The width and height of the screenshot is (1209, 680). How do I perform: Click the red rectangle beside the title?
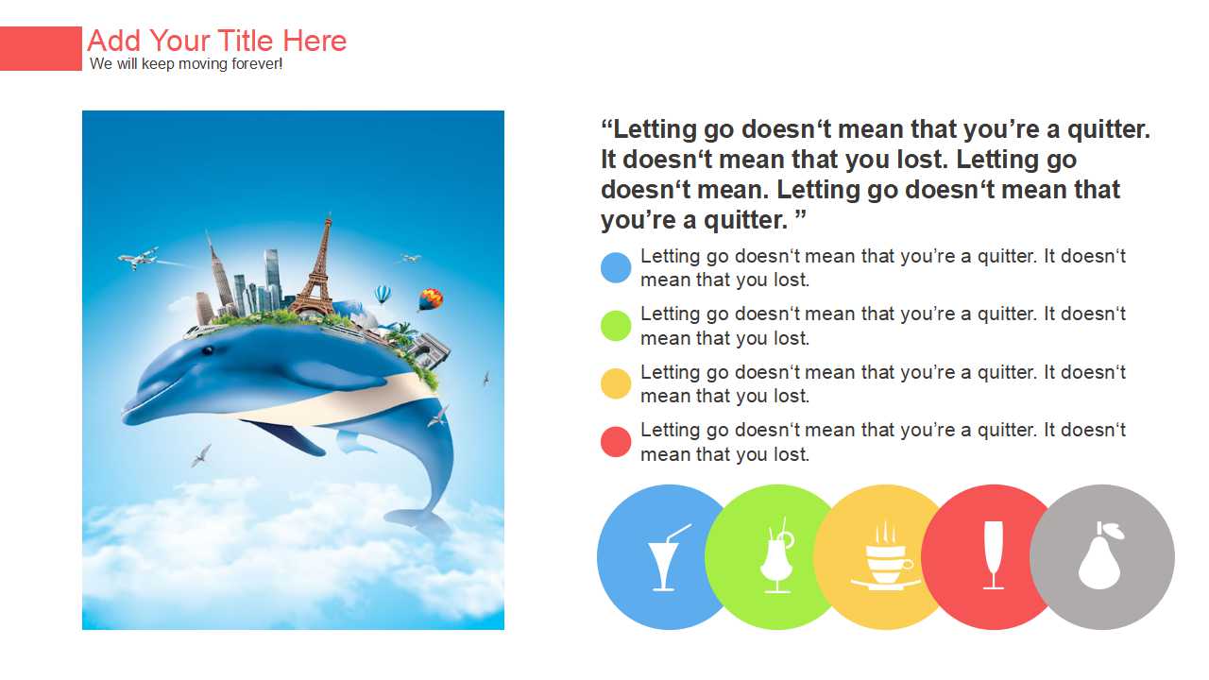coord(41,48)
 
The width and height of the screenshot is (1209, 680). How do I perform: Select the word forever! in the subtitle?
coord(257,63)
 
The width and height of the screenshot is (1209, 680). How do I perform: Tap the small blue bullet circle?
coord(616,267)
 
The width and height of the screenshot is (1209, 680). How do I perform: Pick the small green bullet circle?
coord(616,326)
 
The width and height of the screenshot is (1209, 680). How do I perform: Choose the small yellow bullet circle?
coord(616,383)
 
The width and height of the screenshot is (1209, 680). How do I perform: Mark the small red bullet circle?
coord(616,442)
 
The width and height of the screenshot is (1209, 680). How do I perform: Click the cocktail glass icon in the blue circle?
coord(667,557)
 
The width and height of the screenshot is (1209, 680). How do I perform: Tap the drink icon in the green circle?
coord(777,556)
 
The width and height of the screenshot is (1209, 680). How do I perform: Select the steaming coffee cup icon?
coord(885,556)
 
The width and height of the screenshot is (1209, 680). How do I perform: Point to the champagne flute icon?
coord(993,554)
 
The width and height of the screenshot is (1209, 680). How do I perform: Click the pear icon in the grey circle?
coord(1100,556)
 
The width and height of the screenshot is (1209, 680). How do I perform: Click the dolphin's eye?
coord(207,350)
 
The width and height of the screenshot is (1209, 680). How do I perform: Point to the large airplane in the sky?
coord(138,258)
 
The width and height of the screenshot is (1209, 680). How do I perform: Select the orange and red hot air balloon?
coord(430,299)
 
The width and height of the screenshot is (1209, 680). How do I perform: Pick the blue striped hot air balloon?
coord(383,294)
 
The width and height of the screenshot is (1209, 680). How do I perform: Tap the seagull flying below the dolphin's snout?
coord(201,456)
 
